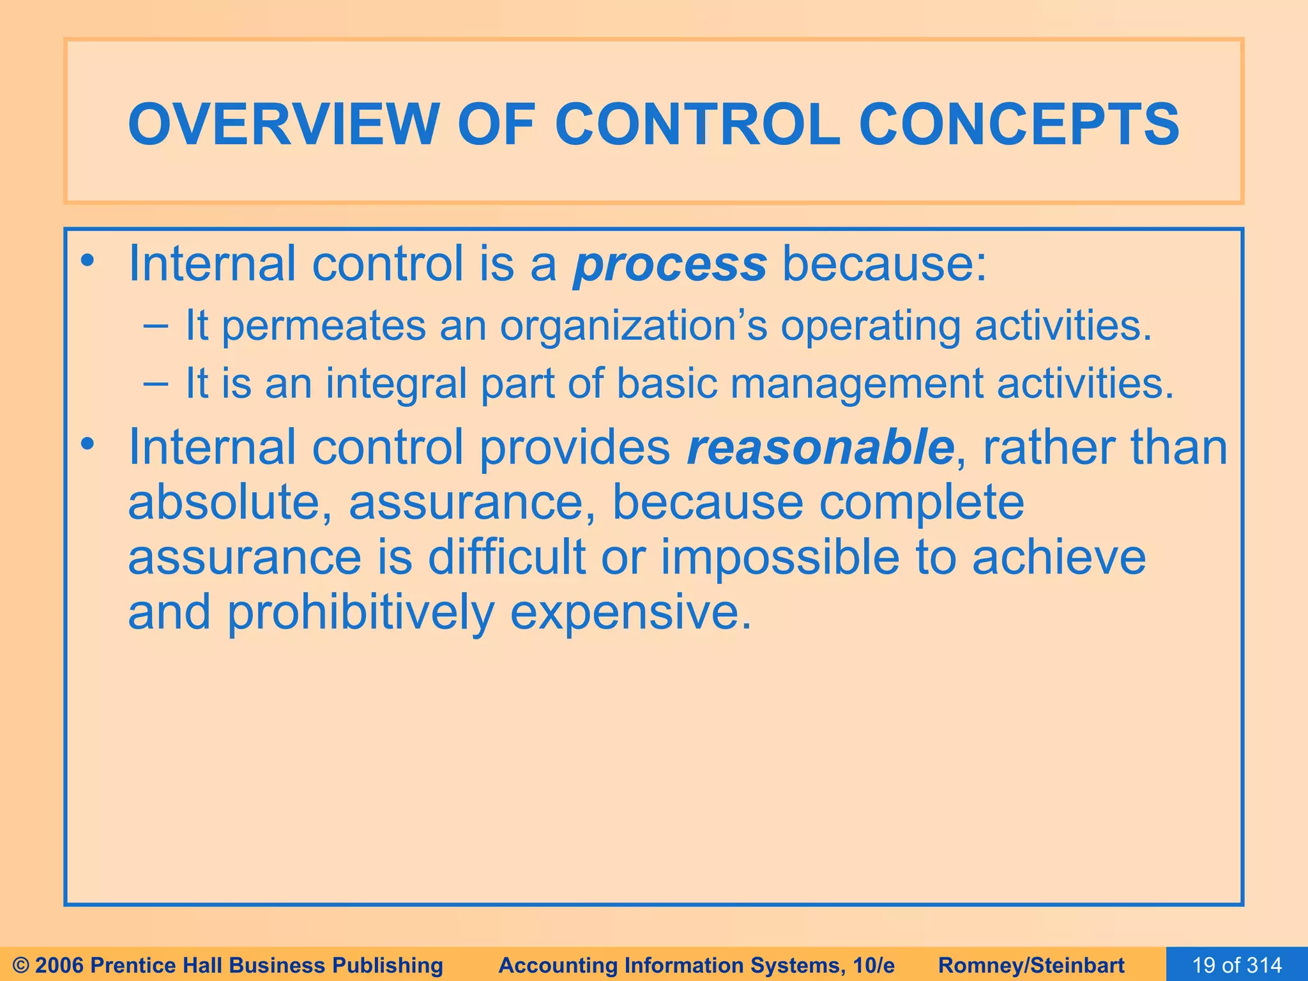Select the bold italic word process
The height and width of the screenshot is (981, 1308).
669,264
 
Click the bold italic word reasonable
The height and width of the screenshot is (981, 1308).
820,447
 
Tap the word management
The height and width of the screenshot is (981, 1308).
856,384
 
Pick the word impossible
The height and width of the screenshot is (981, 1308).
780,557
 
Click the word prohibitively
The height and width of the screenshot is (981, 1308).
360,612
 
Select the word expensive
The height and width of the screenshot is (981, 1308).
630,612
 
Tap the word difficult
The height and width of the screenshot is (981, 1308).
506,557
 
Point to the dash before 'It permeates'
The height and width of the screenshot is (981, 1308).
156,326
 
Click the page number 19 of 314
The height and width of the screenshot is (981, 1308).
1236,965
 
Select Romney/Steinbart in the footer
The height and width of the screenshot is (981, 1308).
1031,965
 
